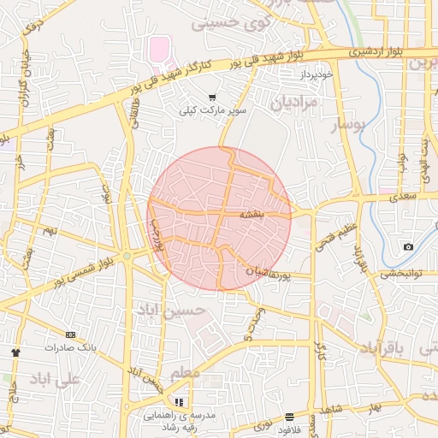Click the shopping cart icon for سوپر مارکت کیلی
tap(212, 98)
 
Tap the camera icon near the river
tap(408, 247)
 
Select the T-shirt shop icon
tap(15, 352)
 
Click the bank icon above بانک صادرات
tap(70, 334)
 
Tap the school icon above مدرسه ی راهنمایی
tap(179, 401)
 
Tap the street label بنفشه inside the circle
tap(257, 212)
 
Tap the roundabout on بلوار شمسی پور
tap(127, 255)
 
